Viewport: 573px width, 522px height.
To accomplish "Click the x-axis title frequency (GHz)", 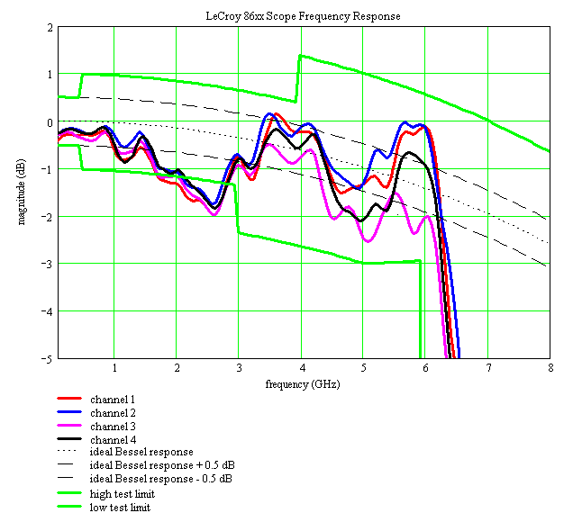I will pos(303,384).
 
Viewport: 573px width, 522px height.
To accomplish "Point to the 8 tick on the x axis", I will pos(550,368).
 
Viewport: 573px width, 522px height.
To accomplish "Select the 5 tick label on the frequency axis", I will pos(363,368).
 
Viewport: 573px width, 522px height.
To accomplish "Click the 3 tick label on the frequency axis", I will pos(238,368).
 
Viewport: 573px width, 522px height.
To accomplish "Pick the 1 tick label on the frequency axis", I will pos(114,368).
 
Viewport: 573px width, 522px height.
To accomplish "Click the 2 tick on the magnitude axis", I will pos(49,27).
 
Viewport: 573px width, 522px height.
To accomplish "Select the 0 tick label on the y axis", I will pos(49,121).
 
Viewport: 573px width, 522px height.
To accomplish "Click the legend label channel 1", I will pos(113,399).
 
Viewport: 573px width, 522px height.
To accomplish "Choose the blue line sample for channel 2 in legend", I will pos(69,412).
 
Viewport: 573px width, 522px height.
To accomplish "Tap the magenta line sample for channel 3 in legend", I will pos(69,426).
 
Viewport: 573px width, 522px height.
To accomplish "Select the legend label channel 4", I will pos(113,439).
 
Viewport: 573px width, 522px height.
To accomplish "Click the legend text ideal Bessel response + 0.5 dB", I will pos(162,465).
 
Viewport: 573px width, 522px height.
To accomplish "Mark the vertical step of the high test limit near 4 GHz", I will pos(298,78).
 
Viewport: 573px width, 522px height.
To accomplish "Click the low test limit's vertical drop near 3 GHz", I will pos(237,209).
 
